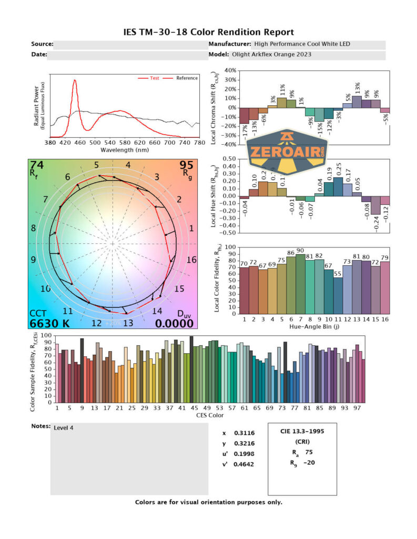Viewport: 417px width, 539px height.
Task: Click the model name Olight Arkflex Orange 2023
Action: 271,54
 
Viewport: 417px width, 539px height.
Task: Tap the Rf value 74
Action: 37,165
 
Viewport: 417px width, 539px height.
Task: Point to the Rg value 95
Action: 187,165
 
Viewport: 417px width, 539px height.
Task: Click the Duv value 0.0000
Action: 177,323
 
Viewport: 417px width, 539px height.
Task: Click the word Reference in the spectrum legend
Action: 187,78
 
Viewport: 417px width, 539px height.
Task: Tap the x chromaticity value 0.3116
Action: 242,433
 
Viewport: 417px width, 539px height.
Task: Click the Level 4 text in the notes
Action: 64,427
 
